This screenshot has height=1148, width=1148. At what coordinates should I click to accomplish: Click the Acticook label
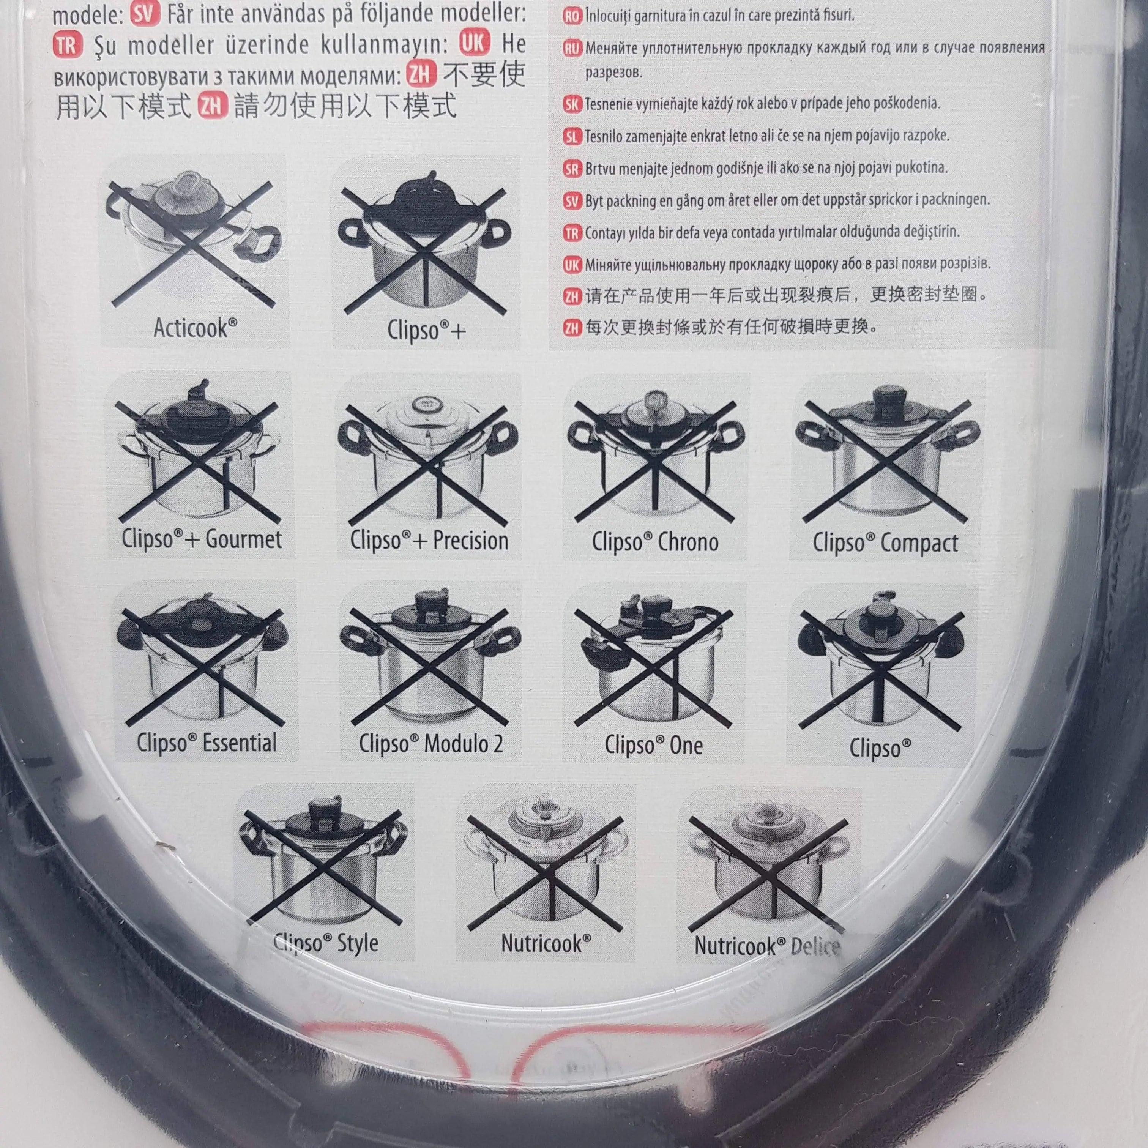tap(195, 328)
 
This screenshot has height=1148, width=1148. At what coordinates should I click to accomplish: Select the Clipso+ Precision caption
tap(429, 541)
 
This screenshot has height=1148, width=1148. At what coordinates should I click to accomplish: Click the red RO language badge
tap(572, 16)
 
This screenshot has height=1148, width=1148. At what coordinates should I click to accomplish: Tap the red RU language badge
tap(572, 48)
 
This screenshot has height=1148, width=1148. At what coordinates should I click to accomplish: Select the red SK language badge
tap(572, 104)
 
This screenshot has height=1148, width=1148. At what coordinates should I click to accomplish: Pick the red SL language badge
tap(572, 137)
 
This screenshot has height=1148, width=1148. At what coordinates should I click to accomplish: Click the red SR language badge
tap(572, 169)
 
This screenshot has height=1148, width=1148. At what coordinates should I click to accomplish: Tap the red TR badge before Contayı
tap(572, 233)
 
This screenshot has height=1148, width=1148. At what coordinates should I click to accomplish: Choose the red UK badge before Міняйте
tap(572, 265)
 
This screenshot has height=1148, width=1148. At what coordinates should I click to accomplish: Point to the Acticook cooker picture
tap(191, 244)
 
